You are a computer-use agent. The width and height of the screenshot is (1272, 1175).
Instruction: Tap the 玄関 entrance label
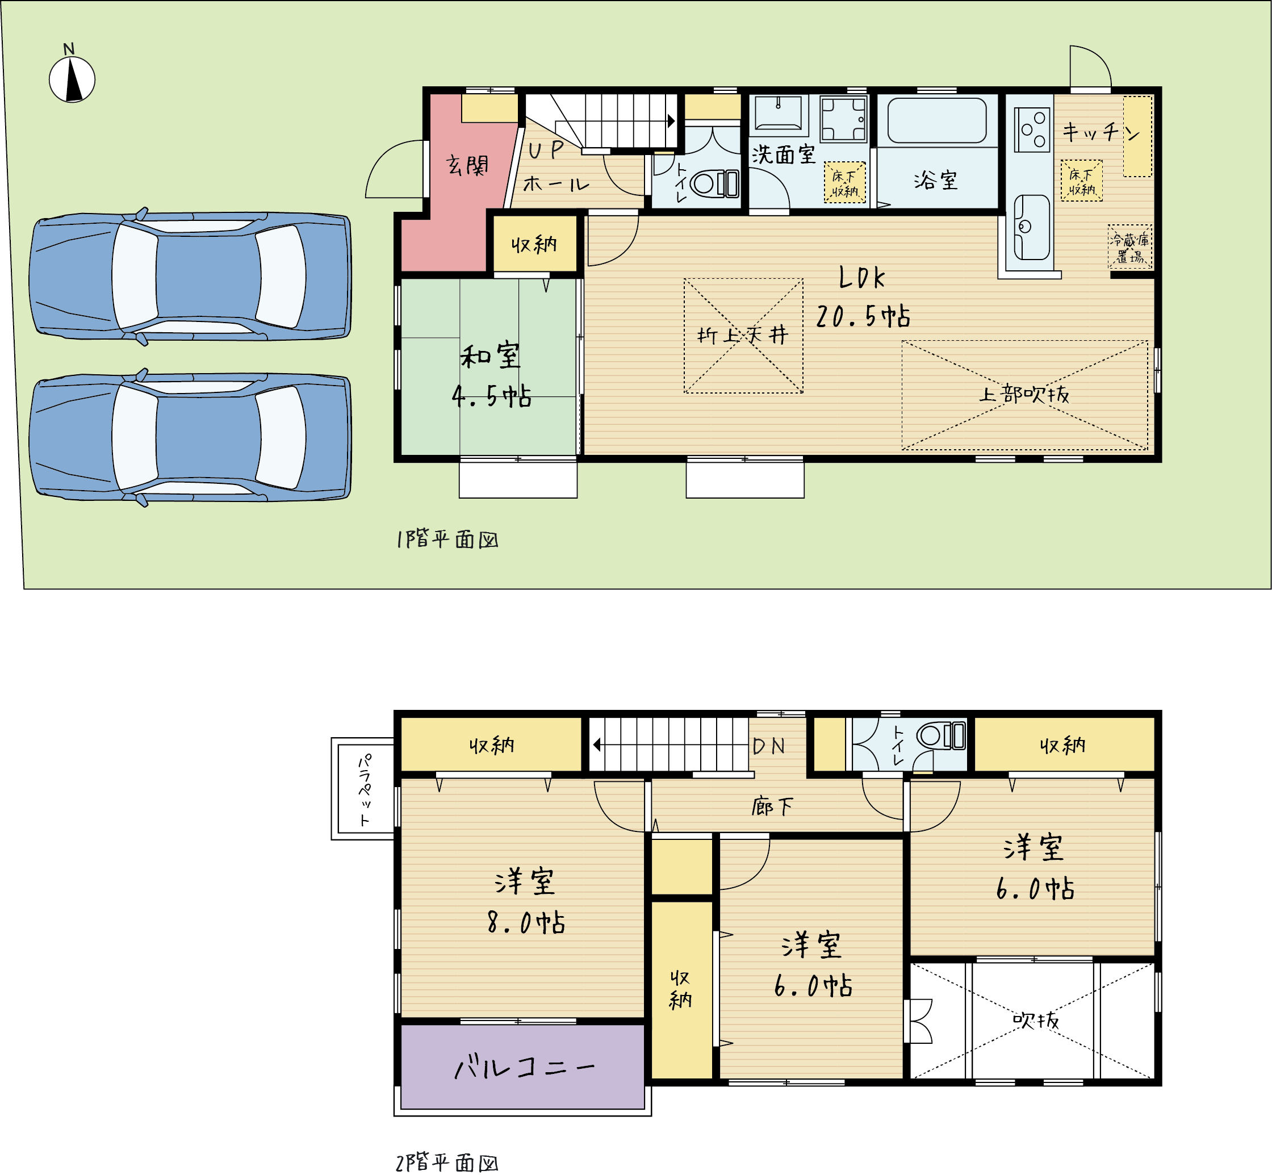click(467, 165)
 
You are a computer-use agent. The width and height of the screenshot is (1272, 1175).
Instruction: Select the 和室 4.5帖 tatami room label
click(491, 375)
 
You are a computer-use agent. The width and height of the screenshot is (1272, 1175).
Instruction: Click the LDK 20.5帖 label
click(863, 297)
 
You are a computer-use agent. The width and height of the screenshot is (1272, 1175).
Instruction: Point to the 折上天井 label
click(743, 334)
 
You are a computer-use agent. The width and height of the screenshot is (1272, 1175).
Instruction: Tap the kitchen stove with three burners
click(1032, 129)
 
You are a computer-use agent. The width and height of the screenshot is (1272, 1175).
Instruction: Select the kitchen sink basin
click(1032, 227)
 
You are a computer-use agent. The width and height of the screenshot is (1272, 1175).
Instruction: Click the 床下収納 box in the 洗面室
click(845, 182)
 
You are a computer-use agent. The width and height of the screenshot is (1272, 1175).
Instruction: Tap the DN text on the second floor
click(768, 746)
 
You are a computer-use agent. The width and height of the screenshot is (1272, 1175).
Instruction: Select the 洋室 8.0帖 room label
click(525, 901)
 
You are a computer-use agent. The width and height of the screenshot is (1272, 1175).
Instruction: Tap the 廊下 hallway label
click(772, 807)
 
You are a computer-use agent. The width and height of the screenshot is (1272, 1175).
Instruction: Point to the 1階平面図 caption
click(447, 539)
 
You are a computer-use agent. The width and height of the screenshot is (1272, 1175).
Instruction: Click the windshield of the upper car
click(281, 276)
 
